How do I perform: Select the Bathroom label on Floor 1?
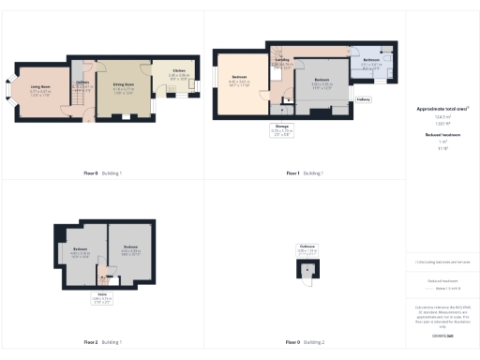(370, 61)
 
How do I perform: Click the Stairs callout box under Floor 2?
(103, 299)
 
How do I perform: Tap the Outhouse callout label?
(307, 251)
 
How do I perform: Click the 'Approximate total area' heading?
(442, 109)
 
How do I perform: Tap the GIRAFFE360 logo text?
(442, 335)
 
